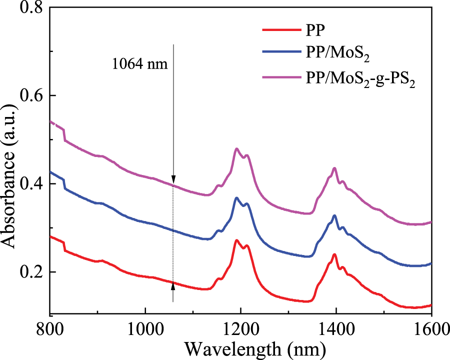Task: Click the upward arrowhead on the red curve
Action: [173, 286]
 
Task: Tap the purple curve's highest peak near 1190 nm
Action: [236, 148]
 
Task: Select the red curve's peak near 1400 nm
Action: [334, 254]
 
